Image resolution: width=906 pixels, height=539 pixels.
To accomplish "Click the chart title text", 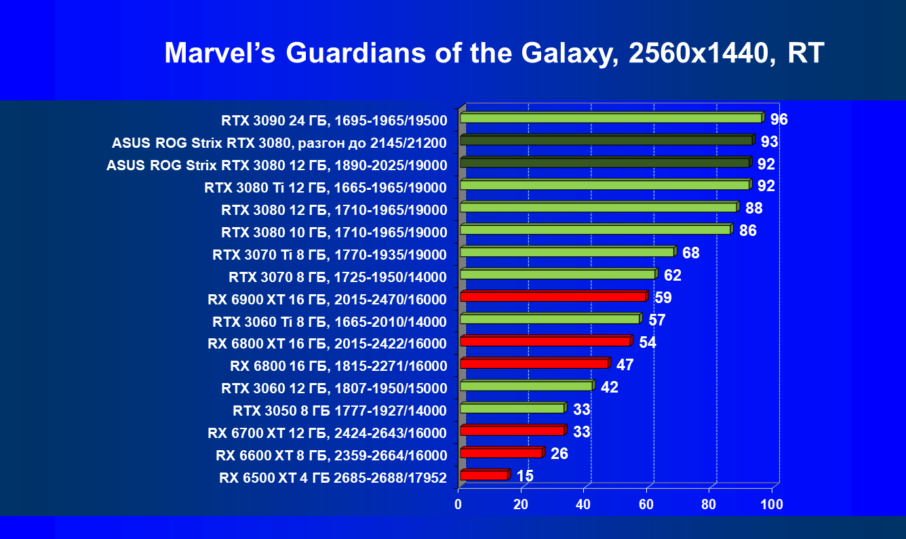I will pos(494,54).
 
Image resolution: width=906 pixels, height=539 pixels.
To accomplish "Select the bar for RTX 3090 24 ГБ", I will pos(610,118).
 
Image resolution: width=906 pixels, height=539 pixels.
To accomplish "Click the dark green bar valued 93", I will pos(606,140).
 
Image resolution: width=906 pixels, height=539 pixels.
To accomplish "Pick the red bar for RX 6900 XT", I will pos(553,296).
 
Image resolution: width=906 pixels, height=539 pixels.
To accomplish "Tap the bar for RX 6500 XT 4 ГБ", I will pos(484,475).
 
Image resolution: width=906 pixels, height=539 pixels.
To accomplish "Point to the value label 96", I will pos(779,120).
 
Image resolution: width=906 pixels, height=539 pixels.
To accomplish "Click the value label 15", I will pos(525,476).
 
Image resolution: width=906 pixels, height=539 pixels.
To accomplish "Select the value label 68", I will pos(690,254).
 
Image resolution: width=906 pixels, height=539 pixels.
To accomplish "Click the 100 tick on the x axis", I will pos(772,504).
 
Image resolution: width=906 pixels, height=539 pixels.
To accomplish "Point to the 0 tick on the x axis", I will pos(458,504).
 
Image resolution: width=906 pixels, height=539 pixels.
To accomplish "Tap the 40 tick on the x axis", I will pos(583,504).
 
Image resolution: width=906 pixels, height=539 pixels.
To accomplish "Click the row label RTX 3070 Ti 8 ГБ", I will pos(330,255).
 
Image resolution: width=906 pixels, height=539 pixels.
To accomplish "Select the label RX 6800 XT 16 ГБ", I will pos(328,344).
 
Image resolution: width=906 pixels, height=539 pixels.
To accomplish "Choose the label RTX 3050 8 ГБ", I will pos(340,410).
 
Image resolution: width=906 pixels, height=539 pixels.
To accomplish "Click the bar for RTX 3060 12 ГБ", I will pos(526,386).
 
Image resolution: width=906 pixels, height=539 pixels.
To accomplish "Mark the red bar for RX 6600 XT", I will pos(500,452).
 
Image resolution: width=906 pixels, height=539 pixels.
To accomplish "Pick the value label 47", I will pos(625,365).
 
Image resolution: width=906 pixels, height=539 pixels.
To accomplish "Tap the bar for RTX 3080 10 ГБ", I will pos(595,230).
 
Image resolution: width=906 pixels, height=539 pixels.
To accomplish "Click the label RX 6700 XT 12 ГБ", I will pos(328,433).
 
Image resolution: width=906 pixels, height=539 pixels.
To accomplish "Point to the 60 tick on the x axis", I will pos(646,504).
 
